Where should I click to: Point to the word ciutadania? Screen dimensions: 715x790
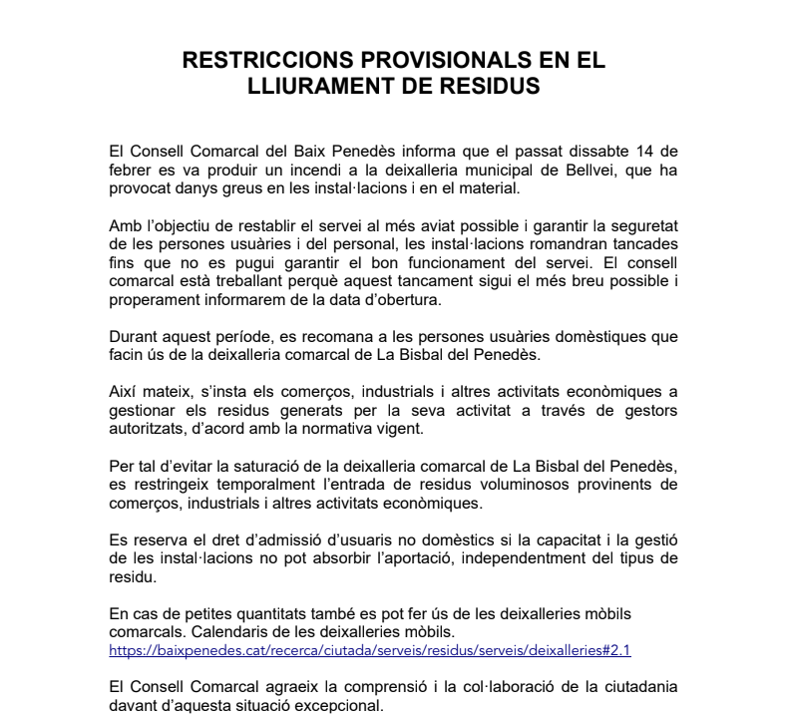633,687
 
